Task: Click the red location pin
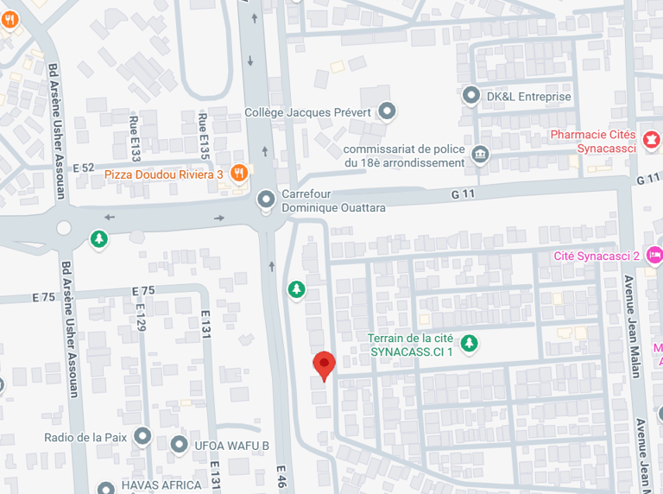coord(324,364)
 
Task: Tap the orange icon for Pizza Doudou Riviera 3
coord(239,174)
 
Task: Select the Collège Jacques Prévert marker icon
coord(388,111)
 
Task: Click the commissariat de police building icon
coord(480,155)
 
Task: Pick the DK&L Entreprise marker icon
coord(471,95)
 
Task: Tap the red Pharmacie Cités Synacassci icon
coord(650,137)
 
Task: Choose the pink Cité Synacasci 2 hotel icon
coord(654,255)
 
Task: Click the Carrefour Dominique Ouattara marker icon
coord(267,199)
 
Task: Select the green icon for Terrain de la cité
coord(469,344)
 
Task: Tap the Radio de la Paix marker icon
coord(142,436)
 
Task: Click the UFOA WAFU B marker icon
coord(179,445)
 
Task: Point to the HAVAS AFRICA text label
coord(161,484)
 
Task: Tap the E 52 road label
coord(83,168)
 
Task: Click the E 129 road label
coord(141,312)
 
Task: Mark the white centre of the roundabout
coord(63,228)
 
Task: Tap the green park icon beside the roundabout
coord(100,237)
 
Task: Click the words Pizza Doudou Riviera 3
coord(164,174)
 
